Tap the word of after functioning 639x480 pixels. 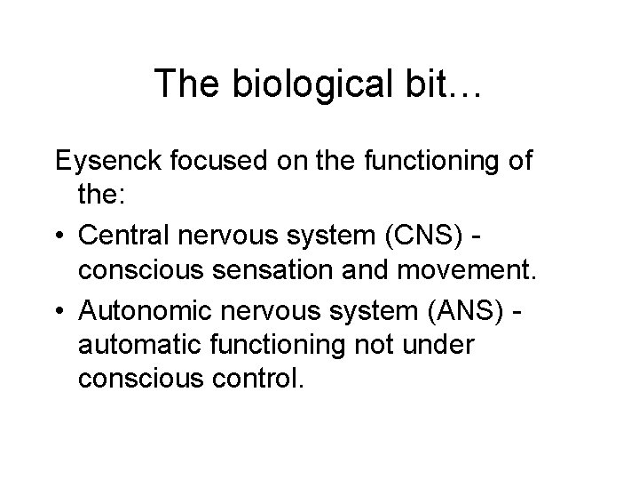coord(518,161)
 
